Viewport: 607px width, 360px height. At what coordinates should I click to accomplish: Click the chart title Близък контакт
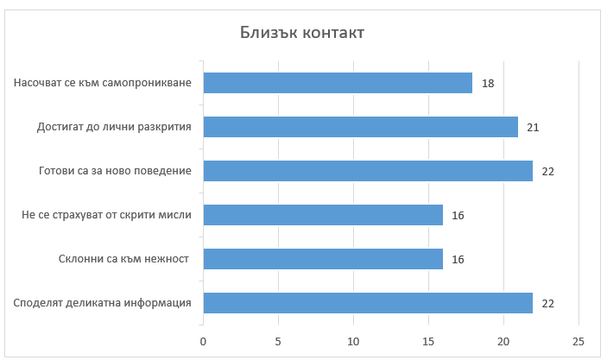(x=301, y=33)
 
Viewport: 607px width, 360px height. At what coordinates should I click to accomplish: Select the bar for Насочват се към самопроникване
(x=338, y=83)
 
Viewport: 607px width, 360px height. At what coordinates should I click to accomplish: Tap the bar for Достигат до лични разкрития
(x=360, y=127)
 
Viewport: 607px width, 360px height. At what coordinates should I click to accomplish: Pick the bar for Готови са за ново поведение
(x=368, y=171)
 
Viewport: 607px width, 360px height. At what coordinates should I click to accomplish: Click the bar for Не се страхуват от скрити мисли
(x=323, y=215)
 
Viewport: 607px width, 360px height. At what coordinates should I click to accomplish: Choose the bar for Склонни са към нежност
(x=323, y=259)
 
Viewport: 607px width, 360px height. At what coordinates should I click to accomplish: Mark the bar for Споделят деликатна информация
(x=368, y=303)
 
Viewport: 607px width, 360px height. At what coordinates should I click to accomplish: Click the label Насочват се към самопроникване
(x=102, y=84)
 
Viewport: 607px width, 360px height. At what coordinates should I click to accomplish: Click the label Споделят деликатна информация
(x=102, y=303)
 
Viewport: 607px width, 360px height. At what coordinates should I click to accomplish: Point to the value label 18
(x=488, y=84)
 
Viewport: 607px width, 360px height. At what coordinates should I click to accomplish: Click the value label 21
(x=533, y=128)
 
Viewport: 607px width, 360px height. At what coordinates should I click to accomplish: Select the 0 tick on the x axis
(x=203, y=341)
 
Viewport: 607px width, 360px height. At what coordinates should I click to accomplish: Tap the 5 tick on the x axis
(x=278, y=341)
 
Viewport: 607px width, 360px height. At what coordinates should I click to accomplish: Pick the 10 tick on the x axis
(x=353, y=341)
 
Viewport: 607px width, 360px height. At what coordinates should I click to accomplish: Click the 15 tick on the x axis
(x=428, y=341)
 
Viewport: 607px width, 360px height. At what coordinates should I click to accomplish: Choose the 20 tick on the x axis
(x=503, y=341)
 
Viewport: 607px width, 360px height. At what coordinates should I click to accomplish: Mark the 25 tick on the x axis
(x=579, y=341)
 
